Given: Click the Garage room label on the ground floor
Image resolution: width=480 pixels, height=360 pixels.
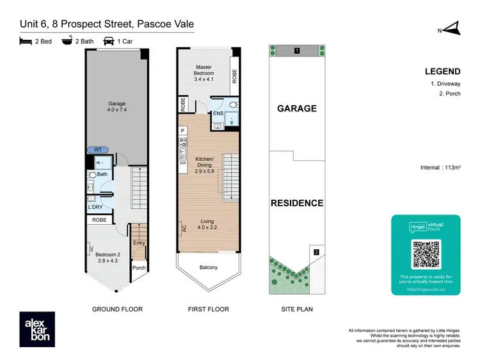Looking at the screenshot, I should click(116, 107).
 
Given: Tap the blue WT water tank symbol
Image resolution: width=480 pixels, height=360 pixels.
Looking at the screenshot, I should click(97, 149).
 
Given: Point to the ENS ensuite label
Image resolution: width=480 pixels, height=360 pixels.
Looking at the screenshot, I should click(218, 114).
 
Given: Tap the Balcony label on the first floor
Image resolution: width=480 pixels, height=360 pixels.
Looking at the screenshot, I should click(209, 267).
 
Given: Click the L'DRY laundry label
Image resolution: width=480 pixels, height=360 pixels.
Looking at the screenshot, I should click(95, 207).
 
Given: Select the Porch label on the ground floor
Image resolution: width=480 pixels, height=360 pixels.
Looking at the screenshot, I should click(138, 268).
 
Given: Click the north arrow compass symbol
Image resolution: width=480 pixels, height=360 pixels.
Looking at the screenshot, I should click(452, 28).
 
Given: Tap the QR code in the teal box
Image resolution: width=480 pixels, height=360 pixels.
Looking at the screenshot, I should click(426, 254).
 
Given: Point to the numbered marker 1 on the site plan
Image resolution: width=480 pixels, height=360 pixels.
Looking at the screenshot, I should click(296, 50).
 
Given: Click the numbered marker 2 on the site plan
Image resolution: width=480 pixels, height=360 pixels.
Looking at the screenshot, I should click(316, 252).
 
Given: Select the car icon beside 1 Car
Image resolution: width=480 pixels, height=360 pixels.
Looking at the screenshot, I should click(109, 41).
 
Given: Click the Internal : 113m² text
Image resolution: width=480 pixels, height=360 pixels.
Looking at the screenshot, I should click(441, 167).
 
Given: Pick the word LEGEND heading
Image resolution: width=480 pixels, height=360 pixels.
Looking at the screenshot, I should click(442, 72).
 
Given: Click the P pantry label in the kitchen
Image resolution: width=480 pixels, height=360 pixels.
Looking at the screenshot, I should click(182, 130).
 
